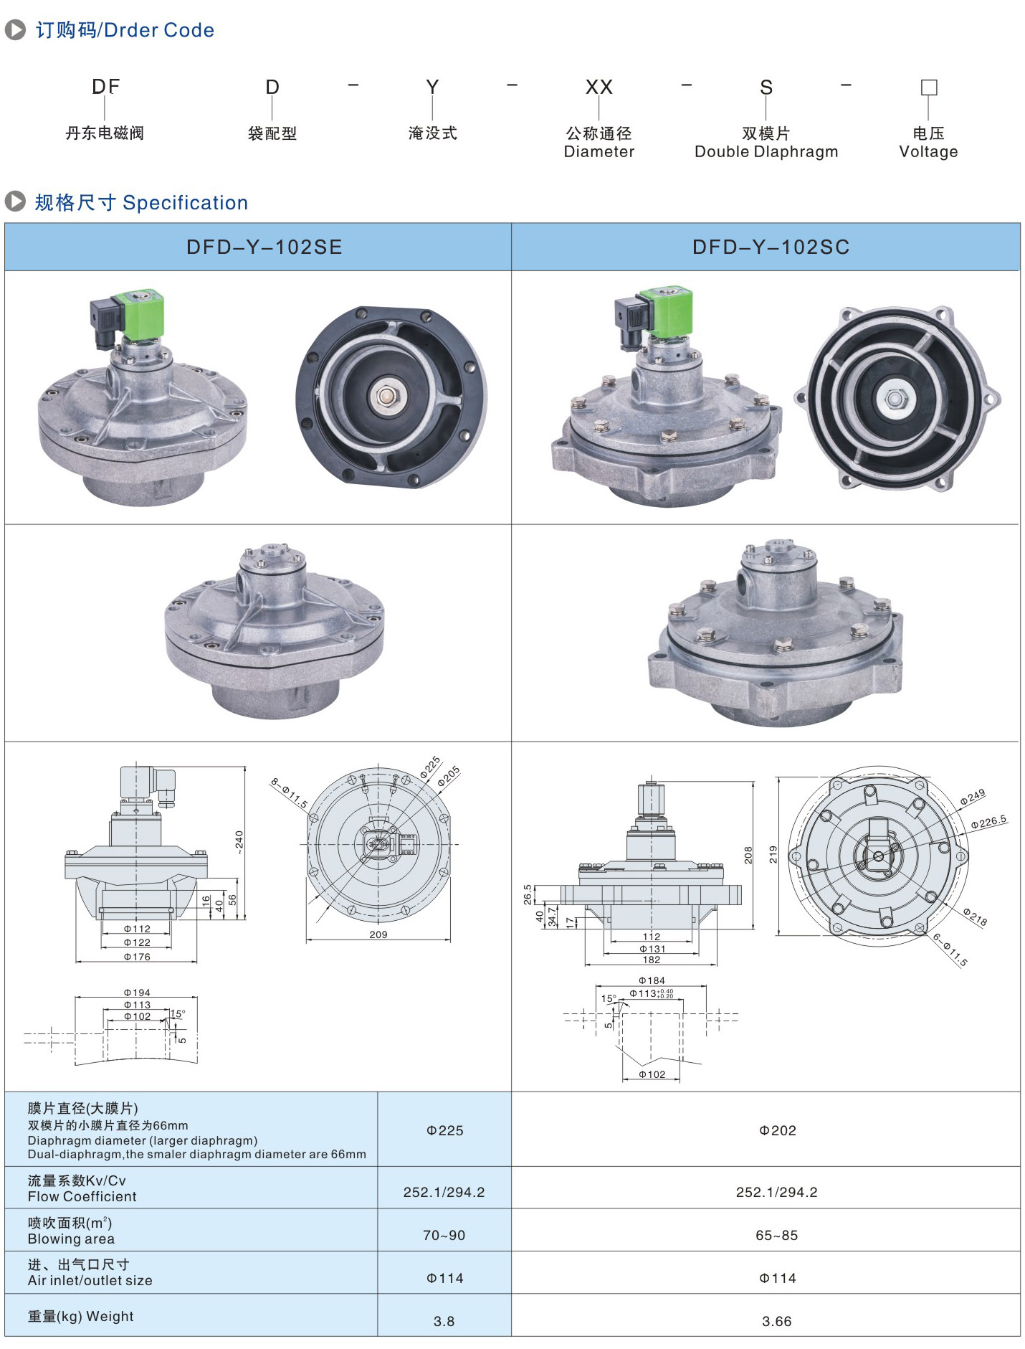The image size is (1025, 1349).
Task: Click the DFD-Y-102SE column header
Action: (264, 247)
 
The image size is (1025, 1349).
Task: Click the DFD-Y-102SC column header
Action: (771, 247)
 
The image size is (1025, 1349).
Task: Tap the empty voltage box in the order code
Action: (928, 87)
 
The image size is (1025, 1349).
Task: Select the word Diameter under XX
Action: (599, 152)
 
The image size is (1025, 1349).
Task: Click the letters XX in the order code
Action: (599, 87)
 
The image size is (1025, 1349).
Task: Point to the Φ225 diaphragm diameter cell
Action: (444, 1131)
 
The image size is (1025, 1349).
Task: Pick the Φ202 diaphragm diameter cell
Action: (777, 1131)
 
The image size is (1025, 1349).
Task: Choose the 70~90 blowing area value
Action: (444, 1236)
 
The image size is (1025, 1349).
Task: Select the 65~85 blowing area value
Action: (776, 1236)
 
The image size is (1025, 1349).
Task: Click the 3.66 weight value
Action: (776, 1322)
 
